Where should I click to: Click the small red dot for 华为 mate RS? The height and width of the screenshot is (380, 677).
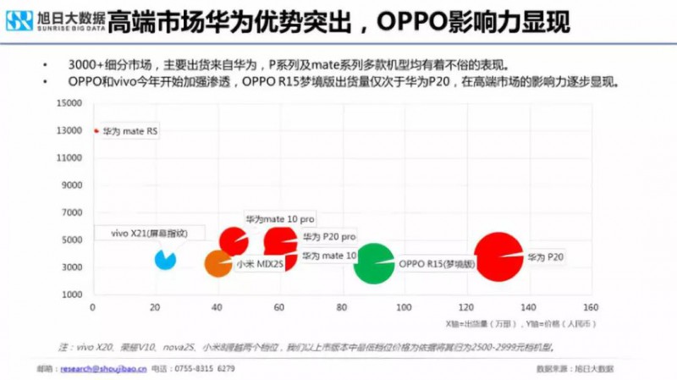click(x=96, y=131)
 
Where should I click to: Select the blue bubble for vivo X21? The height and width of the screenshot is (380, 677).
click(x=165, y=259)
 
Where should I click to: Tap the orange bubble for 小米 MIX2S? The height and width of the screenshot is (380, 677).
click(x=217, y=264)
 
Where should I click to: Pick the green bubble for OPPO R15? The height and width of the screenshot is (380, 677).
click(x=373, y=264)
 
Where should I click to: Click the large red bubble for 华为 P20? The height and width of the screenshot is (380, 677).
click(x=498, y=256)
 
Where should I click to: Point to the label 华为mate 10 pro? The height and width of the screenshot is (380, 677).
click(x=280, y=219)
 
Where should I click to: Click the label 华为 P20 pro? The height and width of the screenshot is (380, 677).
click(x=328, y=236)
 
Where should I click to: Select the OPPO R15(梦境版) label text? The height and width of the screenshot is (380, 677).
click(x=438, y=264)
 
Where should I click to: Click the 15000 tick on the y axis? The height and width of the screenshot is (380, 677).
click(x=69, y=103)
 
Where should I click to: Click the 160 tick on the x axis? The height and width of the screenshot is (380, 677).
click(x=591, y=307)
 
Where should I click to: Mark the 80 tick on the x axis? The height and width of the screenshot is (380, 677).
click(x=342, y=307)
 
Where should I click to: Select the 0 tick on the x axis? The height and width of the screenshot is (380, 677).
click(x=93, y=307)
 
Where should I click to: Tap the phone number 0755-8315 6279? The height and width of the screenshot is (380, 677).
click(x=204, y=369)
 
